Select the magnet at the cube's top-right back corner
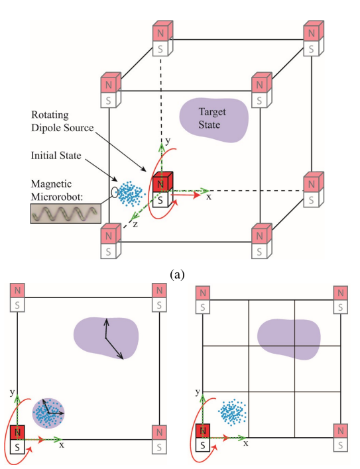[x=312, y=40]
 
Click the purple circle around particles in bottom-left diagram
[x=48, y=413]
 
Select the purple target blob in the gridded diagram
[x=290, y=339]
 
